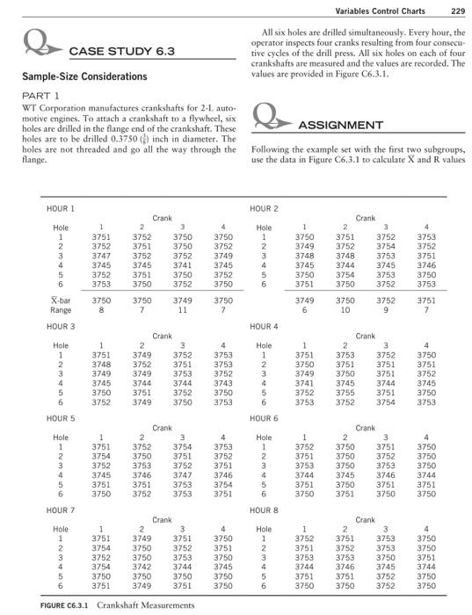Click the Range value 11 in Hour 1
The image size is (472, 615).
[x=184, y=309]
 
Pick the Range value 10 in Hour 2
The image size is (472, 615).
[x=346, y=309]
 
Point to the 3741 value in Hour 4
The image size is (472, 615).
[x=304, y=382]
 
